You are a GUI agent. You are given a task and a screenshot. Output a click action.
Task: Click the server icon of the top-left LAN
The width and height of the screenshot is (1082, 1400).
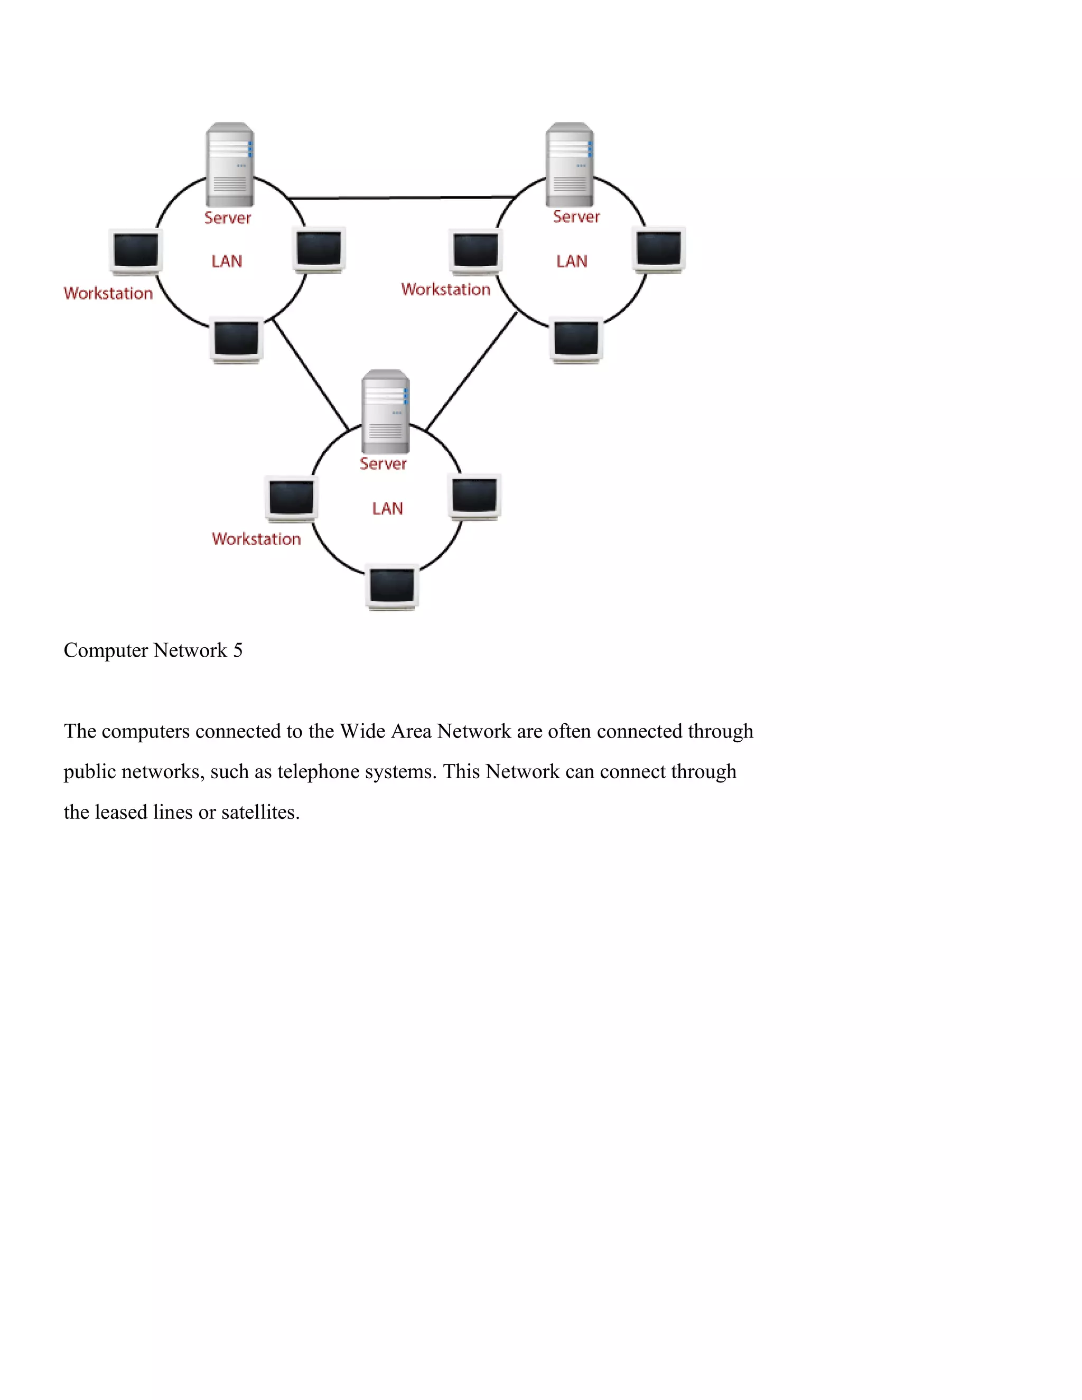[x=229, y=165]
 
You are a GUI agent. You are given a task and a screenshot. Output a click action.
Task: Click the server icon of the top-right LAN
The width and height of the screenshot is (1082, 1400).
[x=569, y=165]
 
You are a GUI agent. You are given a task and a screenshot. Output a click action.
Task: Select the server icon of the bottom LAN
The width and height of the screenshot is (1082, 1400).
[x=385, y=412]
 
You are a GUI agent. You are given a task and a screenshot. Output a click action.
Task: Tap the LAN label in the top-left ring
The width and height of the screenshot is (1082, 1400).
[x=227, y=262]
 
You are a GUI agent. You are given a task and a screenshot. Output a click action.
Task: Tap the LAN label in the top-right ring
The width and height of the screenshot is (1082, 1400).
[x=572, y=262]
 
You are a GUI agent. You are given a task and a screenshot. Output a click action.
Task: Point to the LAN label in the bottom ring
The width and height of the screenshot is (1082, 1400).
[x=388, y=508]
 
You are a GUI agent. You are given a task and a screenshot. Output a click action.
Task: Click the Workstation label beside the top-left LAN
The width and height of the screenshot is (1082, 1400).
[x=108, y=294]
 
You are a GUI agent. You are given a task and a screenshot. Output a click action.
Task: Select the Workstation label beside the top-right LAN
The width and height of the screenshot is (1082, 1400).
[x=446, y=290]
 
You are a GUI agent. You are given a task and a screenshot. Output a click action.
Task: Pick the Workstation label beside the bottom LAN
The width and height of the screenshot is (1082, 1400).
[x=256, y=539]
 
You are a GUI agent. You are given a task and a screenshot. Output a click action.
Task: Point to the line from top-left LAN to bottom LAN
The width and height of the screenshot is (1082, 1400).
[x=311, y=375]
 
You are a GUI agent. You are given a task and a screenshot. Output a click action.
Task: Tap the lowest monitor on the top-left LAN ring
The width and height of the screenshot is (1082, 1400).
[x=237, y=340]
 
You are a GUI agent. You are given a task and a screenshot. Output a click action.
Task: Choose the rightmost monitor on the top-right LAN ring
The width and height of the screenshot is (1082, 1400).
[x=659, y=249]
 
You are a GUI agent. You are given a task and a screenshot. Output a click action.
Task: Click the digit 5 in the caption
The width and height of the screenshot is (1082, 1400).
[x=238, y=651]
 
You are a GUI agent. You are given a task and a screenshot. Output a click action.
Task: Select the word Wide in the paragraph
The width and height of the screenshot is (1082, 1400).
[x=362, y=731]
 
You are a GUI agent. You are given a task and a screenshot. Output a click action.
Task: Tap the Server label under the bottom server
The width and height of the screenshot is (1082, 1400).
[x=384, y=464]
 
